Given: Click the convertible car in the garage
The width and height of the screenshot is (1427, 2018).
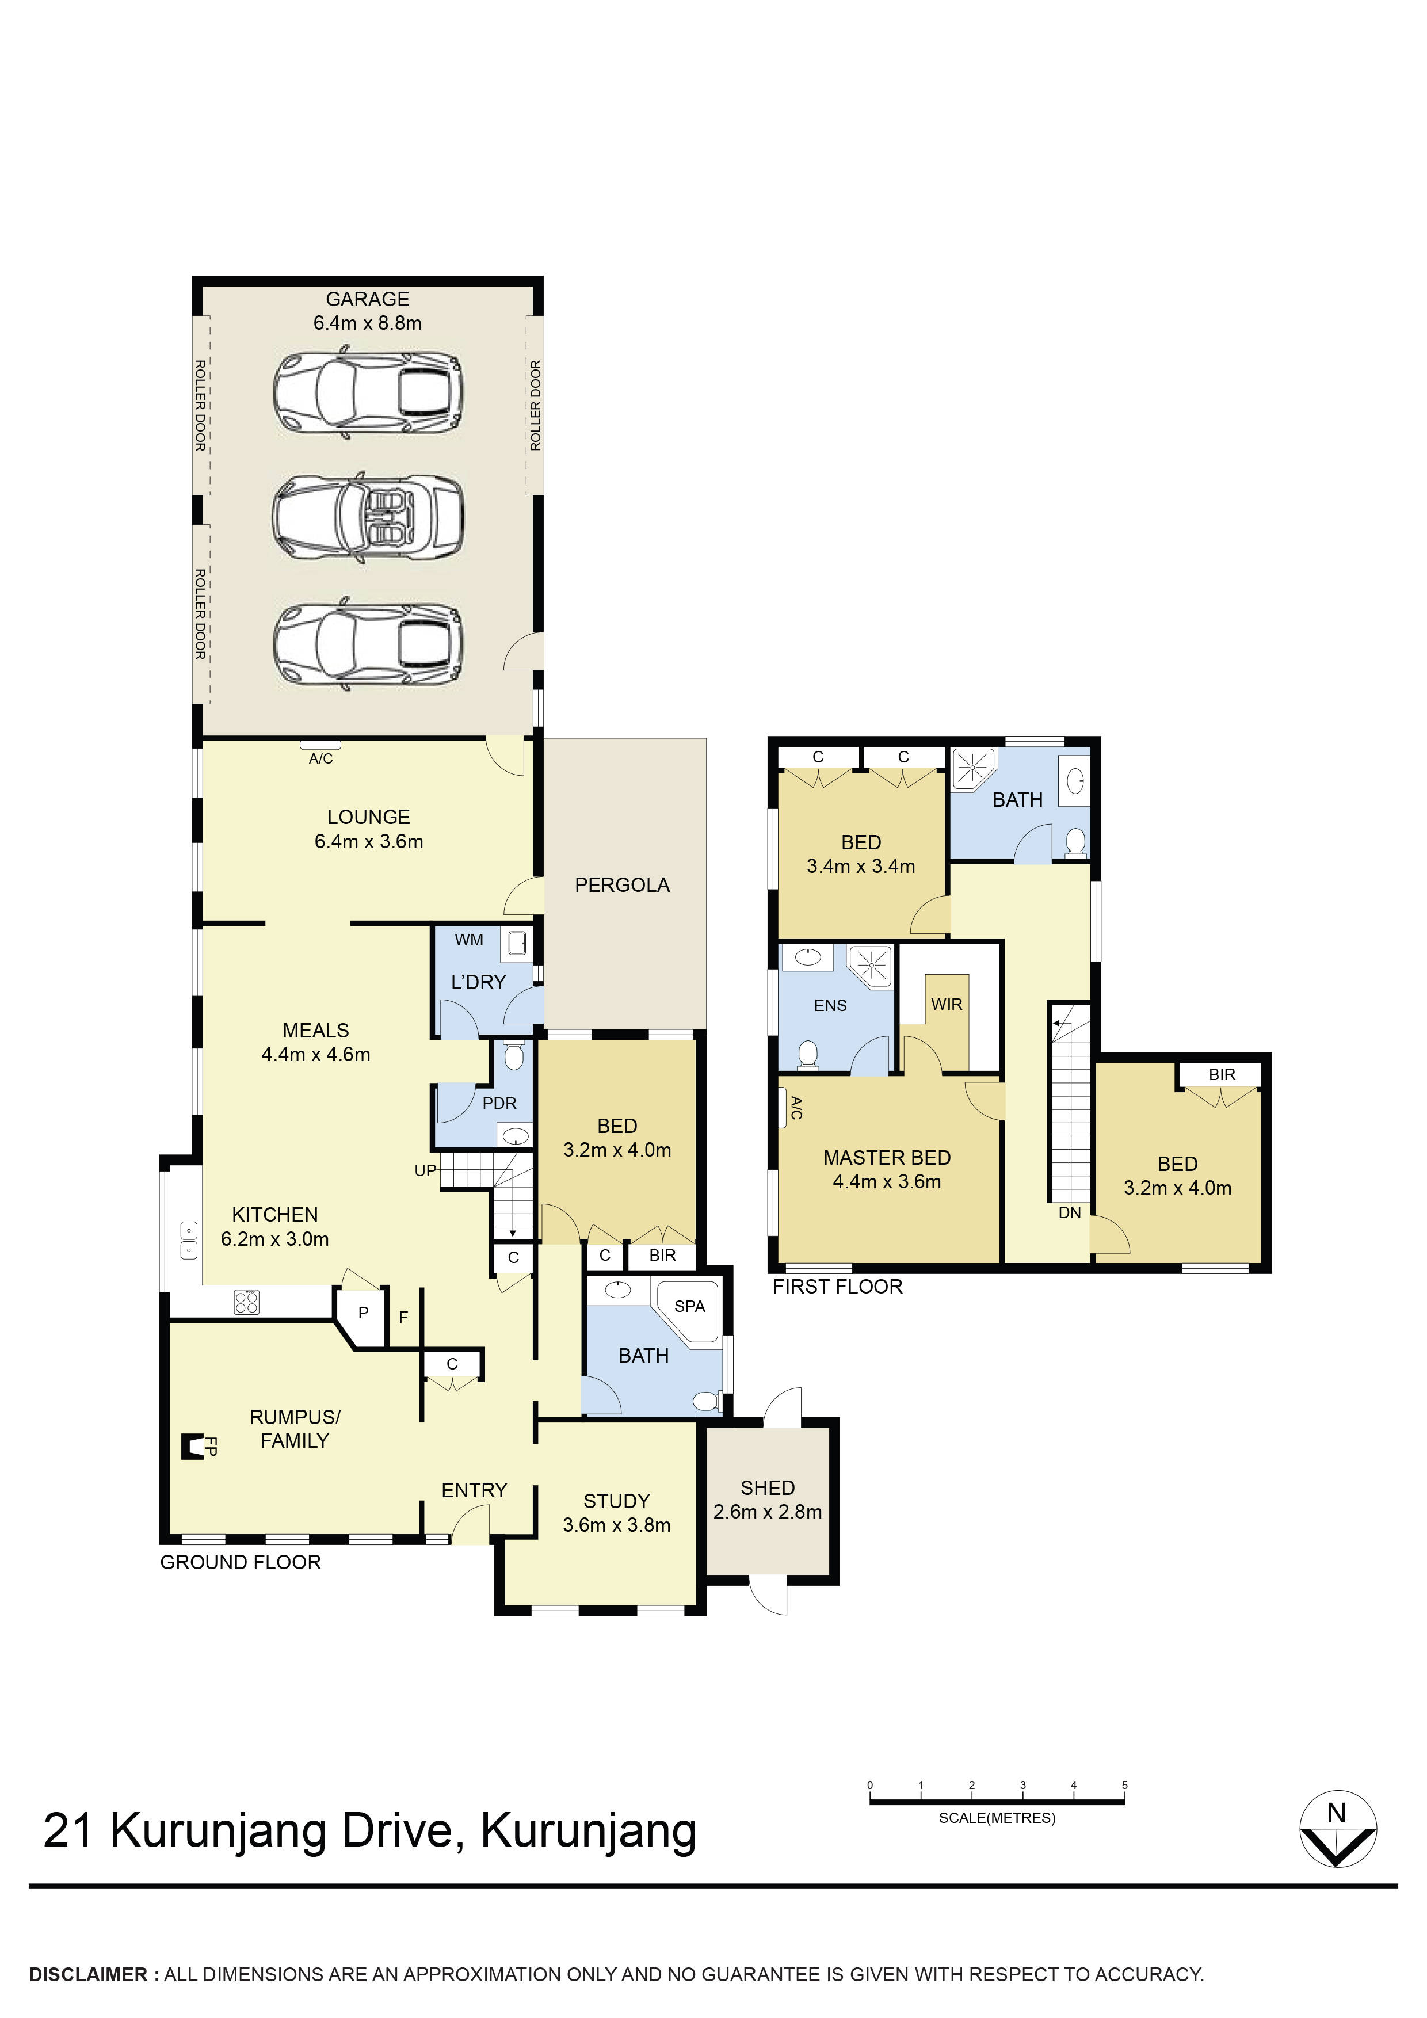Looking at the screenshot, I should (367, 518).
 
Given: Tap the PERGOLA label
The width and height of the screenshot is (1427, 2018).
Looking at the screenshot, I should (621, 885).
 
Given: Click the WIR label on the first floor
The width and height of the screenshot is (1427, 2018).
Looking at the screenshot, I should (947, 1004).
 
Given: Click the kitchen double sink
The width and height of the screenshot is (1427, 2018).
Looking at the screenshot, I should (188, 1240).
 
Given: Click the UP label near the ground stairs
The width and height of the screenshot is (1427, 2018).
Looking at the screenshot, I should (425, 1171).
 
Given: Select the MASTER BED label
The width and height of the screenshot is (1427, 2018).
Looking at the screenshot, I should (887, 1158).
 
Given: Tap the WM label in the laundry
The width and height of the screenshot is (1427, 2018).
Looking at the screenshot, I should (468, 940).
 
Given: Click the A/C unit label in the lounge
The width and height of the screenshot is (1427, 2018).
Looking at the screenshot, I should (320, 758).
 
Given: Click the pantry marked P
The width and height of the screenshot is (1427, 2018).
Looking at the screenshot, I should (363, 1313).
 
